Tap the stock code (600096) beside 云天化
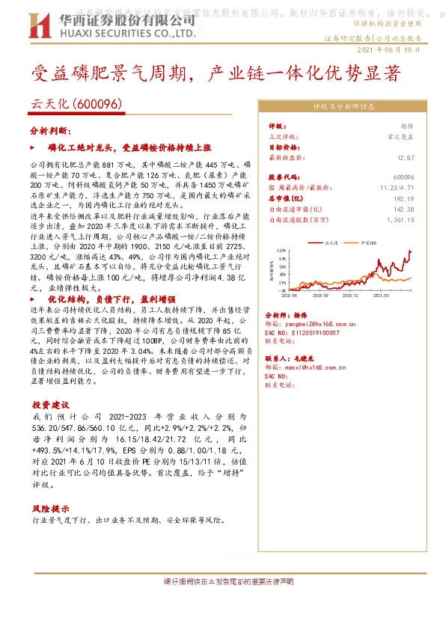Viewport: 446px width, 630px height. (98, 105)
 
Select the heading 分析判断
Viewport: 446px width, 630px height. (49, 130)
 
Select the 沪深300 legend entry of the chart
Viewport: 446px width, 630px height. (367, 243)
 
